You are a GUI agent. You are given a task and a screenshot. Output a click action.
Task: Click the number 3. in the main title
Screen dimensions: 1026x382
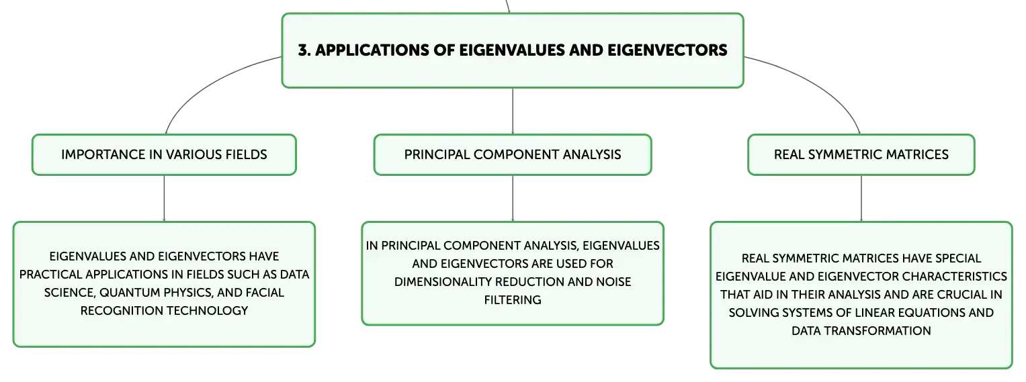pyautogui.click(x=304, y=50)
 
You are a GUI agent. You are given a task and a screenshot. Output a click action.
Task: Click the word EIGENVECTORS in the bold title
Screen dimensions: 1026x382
pyautogui.click(x=667, y=50)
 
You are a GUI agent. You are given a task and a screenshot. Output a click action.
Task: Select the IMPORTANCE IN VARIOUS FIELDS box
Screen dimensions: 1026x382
pyautogui.click(x=164, y=154)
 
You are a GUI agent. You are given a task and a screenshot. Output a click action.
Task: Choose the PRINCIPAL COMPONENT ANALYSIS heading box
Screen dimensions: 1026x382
pyautogui.click(x=513, y=154)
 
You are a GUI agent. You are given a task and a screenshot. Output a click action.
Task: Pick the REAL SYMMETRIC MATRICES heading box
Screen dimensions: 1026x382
pyautogui.click(x=861, y=154)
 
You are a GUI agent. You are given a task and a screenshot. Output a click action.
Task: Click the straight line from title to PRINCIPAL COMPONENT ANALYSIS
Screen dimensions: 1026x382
pyautogui.click(x=513, y=111)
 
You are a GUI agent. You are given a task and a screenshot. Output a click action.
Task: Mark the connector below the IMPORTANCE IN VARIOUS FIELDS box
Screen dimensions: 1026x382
pyautogui.click(x=164, y=199)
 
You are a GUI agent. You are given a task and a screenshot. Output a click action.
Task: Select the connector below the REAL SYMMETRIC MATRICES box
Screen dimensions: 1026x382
pyautogui.click(x=861, y=199)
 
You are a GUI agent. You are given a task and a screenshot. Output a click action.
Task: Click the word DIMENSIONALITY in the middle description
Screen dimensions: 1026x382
pyautogui.click(x=443, y=282)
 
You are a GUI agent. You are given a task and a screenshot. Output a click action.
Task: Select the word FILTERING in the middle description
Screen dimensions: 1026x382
pyautogui.click(x=513, y=300)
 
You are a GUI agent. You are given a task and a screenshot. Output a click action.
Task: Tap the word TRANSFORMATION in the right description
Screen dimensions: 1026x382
pyautogui.click(x=877, y=331)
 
